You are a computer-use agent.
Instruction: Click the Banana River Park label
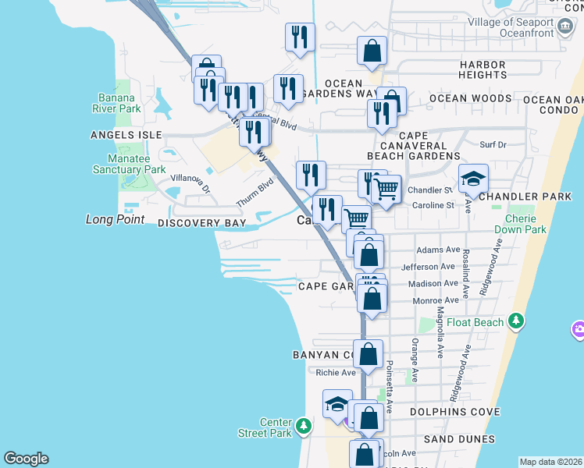(119, 103)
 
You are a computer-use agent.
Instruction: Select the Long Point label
(116, 220)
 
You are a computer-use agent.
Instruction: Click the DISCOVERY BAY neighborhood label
(201, 224)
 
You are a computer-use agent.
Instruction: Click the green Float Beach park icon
(515, 321)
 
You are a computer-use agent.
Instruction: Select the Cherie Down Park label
(520, 225)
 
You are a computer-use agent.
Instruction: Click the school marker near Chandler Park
(473, 179)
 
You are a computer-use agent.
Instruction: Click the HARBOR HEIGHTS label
(483, 70)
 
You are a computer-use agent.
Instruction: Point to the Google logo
(26, 459)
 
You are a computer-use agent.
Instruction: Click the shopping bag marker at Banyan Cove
(368, 353)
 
